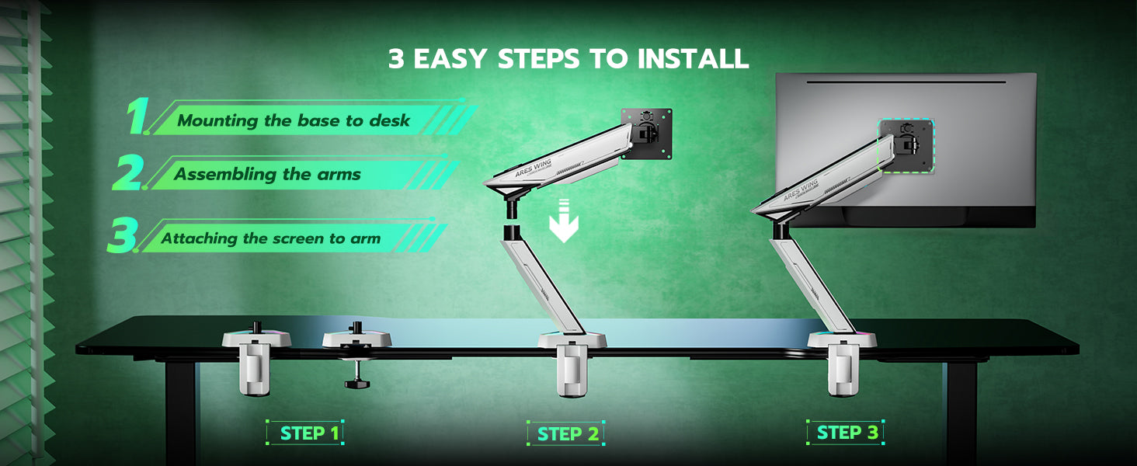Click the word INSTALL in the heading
coord(693,58)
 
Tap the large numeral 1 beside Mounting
coord(137,116)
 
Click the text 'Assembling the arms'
coord(267,174)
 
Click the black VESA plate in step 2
coord(647,134)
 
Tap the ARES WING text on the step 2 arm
coord(533,168)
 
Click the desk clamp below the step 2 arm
coord(572,370)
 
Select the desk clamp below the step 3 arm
coord(843,370)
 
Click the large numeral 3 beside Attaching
coord(123,235)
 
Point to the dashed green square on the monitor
coord(906,146)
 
